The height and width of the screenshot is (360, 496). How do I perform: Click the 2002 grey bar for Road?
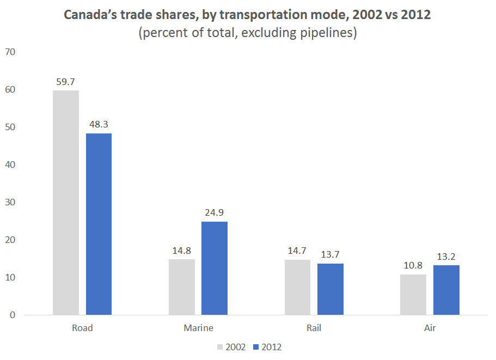[x=66, y=203]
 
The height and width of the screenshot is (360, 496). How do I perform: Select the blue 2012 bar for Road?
[x=99, y=224]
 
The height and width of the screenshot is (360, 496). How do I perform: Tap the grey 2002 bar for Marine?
[x=182, y=287]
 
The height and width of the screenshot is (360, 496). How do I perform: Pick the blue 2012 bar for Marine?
[x=215, y=268]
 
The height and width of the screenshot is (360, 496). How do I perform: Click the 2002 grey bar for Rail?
[x=297, y=287]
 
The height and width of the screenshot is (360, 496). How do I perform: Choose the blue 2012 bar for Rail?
[x=330, y=289]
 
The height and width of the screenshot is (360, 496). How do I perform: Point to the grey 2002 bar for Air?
[x=413, y=295]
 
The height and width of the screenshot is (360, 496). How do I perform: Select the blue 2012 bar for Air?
[x=446, y=290]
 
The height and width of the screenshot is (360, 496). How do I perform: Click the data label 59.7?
[x=66, y=82]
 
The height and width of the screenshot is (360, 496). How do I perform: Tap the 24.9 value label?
[x=215, y=213]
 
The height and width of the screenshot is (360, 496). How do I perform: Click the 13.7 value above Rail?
[x=330, y=255]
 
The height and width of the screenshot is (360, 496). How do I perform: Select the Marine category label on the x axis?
[x=198, y=328]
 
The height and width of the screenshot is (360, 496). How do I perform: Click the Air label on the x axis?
[x=430, y=328]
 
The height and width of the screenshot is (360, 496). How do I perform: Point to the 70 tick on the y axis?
[x=10, y=52]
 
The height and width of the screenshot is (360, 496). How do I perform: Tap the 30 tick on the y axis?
[x=10, y=203]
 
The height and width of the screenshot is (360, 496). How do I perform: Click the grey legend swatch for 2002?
[x=221, y=347]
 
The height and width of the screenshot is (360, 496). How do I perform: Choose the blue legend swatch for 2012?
[x=257, y=347]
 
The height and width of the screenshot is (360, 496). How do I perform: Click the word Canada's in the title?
[x=88, y=15]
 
